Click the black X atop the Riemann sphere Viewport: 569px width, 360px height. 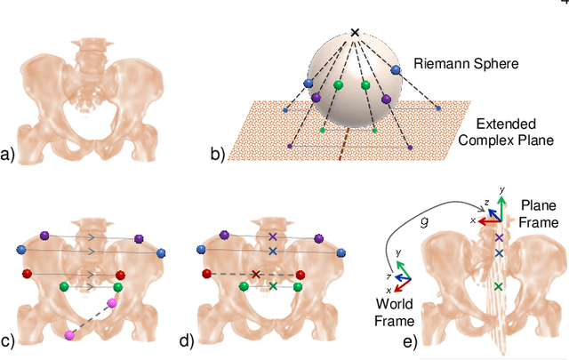coord(355,33)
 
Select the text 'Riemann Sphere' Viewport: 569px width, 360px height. coord(459,64)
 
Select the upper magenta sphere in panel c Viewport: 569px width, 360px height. coord(112,303)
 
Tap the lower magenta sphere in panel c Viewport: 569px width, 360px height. coord(69,334)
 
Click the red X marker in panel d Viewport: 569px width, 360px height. coord(256,274)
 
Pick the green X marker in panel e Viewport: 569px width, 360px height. coord(498,285)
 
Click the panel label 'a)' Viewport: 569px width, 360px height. coord(9,156)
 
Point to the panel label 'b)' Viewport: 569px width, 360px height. coord(217,156)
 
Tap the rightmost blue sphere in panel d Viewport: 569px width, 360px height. coord(340,252)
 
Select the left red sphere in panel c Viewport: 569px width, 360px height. coord(27,273)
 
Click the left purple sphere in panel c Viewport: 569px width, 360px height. coord(44,235)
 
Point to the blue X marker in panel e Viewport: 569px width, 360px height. coord(499,253)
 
